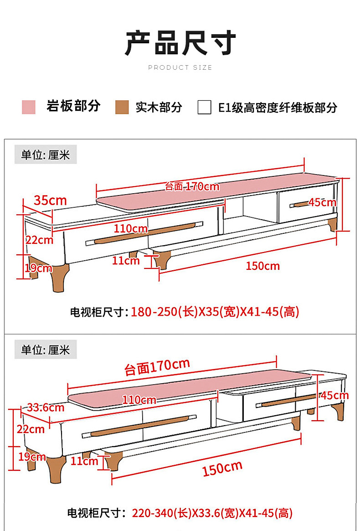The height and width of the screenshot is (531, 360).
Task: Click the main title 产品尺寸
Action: pos(180,43)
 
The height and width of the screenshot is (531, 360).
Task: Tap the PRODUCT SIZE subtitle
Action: pos(180,67)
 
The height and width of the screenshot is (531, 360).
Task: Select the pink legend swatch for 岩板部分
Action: pos(28,107)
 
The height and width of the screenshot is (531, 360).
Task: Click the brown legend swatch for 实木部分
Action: pos(122,107)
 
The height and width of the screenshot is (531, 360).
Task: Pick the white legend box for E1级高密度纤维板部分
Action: pos(204,107)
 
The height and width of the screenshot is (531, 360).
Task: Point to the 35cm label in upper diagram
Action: pos(51,200)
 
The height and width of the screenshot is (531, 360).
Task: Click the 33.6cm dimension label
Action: pos(46,407)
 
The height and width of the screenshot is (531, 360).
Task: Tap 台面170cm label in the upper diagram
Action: pos(192,186)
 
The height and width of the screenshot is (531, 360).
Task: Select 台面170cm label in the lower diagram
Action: pos(157,367)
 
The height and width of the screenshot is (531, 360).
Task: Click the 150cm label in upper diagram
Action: pos(263,266)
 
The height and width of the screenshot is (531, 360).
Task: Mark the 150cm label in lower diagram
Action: pos(222,469)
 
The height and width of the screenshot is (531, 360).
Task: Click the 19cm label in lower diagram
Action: pos(32,457)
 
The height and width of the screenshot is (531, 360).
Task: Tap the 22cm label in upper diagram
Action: pos(40,240)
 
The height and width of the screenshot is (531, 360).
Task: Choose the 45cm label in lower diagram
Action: pos(334,395)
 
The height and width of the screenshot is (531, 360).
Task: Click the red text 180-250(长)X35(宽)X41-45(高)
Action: pos(215,312)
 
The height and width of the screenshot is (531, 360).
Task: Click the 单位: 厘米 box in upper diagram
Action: pos(46,155)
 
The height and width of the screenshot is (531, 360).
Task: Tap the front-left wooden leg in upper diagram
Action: pos(60,278)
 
